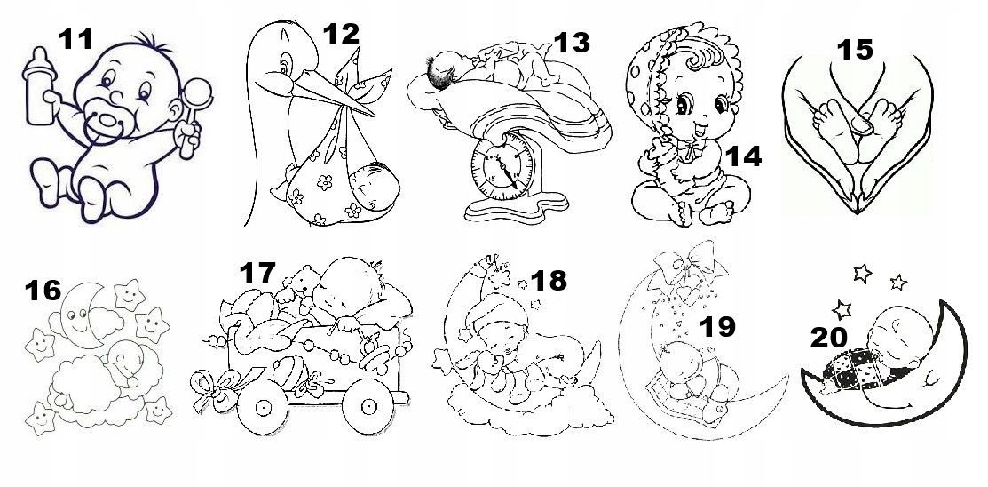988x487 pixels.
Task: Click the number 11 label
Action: (x=76, y=39)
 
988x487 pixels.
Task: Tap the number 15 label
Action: (x=856, y=50)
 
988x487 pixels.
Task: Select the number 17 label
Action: (x=257, y=273)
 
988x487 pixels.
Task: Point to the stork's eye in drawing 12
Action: (x=282, y=65)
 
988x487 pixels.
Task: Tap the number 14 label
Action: (x=742, y=157)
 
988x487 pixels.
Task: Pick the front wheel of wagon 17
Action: (x=263, y=406)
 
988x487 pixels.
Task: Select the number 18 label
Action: (x=549, y=281)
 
